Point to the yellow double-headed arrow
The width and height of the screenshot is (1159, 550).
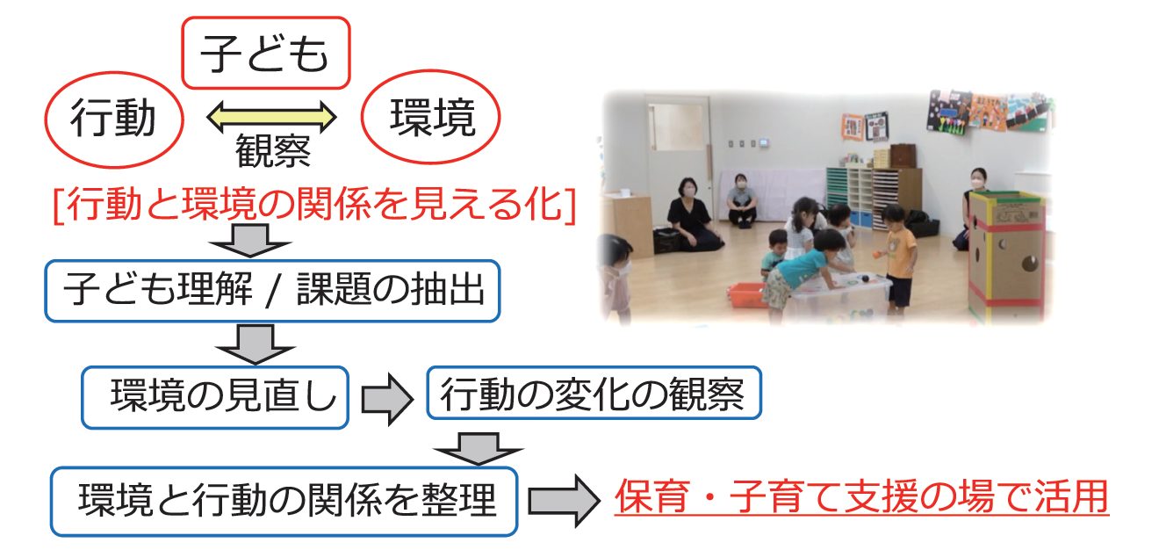(x=271, y=117)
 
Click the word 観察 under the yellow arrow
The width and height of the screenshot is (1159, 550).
(x=273, y=151)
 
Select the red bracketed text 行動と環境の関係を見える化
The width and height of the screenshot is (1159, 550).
(x=314, y=206)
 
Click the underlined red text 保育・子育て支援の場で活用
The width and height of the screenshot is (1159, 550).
(x=861, y=496)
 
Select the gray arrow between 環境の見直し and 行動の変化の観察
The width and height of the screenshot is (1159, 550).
(x=387, y=399)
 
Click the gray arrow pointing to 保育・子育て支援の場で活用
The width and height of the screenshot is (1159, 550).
(x=564, y=501)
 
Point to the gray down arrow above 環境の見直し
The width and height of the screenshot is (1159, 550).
(x=256, y=344)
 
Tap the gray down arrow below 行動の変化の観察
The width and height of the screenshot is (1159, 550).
(x=479, y=448)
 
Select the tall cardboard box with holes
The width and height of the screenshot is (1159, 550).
(x=1005, y=254)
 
